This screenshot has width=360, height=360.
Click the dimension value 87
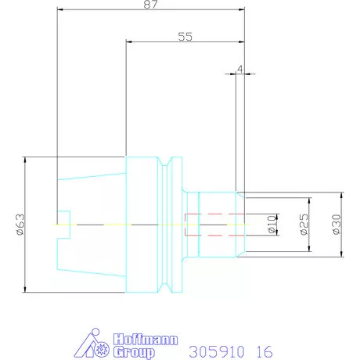[x=151, y=5]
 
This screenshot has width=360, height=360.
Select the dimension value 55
[x=185, y=37]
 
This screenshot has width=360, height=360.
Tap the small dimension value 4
[x=240, y=69]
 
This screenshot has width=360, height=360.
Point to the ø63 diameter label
[x=20, y=225]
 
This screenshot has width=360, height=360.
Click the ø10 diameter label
[x=272, y=225]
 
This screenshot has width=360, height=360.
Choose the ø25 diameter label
[x=304, y=225]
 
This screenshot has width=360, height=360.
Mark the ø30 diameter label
[x=337, y=225]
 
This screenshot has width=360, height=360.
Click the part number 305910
[x=217, y=351]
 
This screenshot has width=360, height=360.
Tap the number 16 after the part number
[x=265, y=351]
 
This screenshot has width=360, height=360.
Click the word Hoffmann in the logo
[x=146, y=340]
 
